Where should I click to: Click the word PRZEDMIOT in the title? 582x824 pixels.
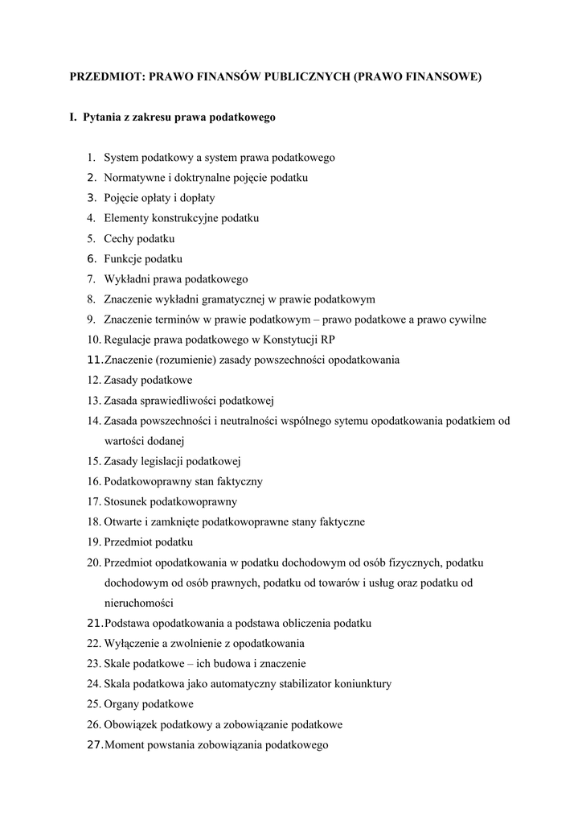pos(104,77)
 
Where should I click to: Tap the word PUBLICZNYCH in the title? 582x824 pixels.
pos(301,77)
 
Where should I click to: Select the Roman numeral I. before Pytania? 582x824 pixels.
pos(73,117)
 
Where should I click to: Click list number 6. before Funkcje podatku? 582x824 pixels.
pos(92,258)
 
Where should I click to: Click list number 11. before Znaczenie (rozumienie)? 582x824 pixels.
pos(95,360)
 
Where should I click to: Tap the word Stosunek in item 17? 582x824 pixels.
pos(126,501)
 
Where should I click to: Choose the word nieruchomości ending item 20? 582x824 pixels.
pos(138,603)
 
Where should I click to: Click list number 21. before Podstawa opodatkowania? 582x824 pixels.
pos(95,623)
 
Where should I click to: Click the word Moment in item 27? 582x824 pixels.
pos(125,744)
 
